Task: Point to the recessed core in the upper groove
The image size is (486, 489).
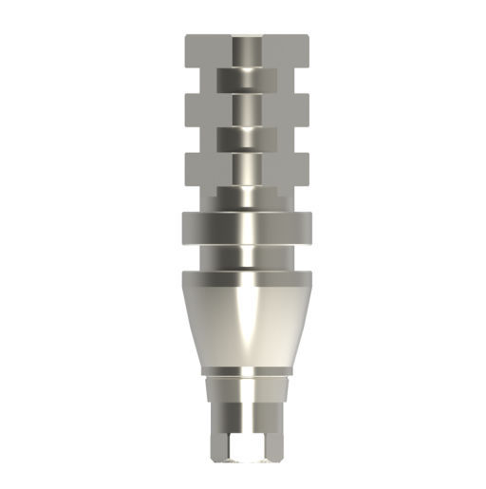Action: pos(244,80)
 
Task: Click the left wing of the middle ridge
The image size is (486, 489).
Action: pos(204,108)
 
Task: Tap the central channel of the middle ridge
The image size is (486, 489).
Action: pos(244,108)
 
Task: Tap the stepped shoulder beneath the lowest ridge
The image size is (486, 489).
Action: pos(244,197)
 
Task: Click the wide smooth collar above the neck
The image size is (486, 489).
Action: pos(244,229)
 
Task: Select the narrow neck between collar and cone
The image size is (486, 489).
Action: pos(244,258)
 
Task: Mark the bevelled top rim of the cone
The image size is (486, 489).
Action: pos(244,278)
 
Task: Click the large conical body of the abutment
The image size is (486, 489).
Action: pos(244,323)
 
